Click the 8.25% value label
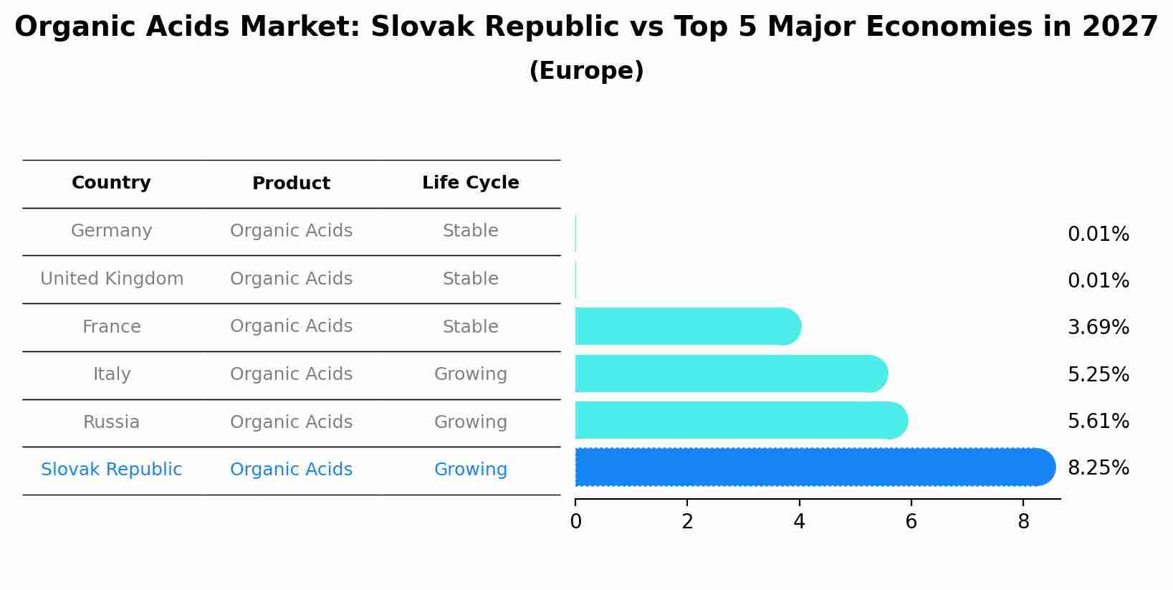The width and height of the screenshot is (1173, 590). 1098,468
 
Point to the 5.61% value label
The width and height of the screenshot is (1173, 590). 1098,422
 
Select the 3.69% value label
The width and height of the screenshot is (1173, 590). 1098,328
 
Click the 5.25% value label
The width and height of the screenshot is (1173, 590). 1098,375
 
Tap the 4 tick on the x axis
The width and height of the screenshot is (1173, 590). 799,522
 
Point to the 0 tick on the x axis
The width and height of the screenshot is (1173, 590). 575,522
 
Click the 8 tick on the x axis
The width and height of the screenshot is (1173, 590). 1023,522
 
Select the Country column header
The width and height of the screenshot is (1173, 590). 111,183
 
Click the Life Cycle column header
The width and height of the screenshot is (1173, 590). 470,183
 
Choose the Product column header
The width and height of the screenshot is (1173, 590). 291,184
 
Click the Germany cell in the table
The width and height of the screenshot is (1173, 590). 111,231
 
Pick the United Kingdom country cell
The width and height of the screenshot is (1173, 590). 112,279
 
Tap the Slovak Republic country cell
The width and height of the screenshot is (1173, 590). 111,470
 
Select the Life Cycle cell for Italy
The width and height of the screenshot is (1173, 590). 470,374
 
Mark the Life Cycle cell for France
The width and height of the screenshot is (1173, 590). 470,327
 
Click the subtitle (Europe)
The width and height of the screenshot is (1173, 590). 586,71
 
